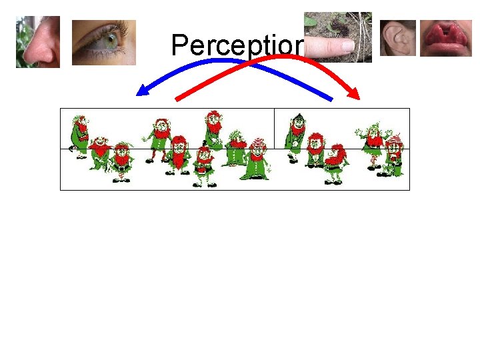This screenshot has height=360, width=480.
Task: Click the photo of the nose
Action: (x=38, y=41)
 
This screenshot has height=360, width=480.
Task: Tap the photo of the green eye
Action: (x=103, y=42)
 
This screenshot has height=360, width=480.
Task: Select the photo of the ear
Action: (x=398, y=38)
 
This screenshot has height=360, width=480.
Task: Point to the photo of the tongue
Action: (x=445, y=39)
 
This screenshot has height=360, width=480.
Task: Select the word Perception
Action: (x=237, y=45)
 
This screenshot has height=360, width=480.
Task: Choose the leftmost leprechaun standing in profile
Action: (x=81, y=136)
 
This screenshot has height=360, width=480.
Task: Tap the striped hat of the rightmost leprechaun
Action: (x=395, y=140)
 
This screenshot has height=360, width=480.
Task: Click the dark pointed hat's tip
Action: (x=299, y=115)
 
